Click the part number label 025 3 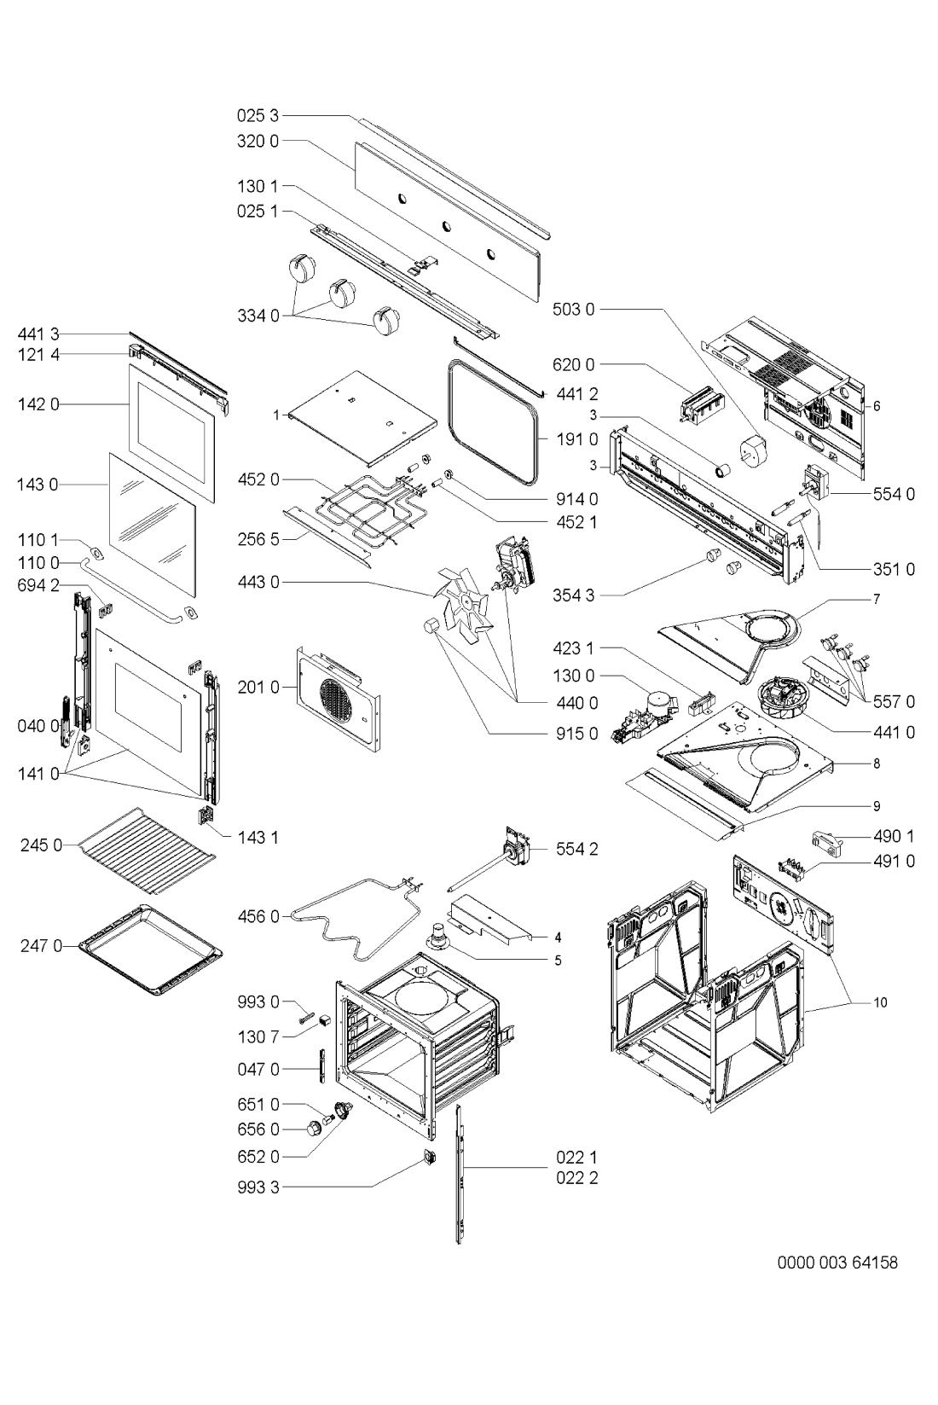click(x=258, y=115)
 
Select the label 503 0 click(x=573, y=309)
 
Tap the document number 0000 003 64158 click(x=837, y=1262)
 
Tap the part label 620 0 click(x=573, y=364)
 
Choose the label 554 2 click(x=576, y=850)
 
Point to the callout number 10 click(x=880, y=1003)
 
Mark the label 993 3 click(x=258, y=1187)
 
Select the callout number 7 click(x=877, y=599)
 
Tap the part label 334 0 click(x=258, y=316)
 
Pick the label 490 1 click(x=895, y=836)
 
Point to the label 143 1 click(x=258, y=838)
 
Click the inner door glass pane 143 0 click(x=153, y=525)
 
